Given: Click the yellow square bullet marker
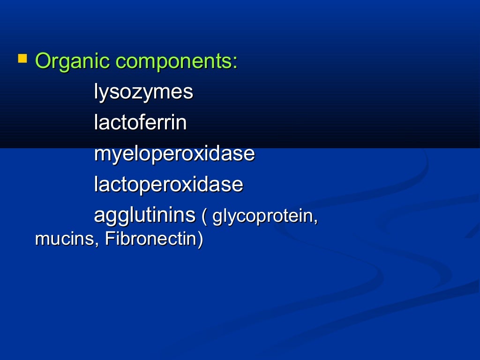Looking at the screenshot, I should click(22, 59).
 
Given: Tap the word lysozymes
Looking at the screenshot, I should click(143, 92).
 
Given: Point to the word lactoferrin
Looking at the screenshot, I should click(140, 123).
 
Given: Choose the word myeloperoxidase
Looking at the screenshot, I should click(174, 154).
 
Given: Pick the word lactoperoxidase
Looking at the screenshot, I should click(168, 185).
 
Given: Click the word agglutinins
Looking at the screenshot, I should click(144, 216).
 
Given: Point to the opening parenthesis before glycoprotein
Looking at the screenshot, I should click(204, 217).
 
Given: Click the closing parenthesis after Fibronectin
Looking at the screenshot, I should click(201, 239).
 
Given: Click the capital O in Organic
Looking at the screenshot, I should click(43, 61).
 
